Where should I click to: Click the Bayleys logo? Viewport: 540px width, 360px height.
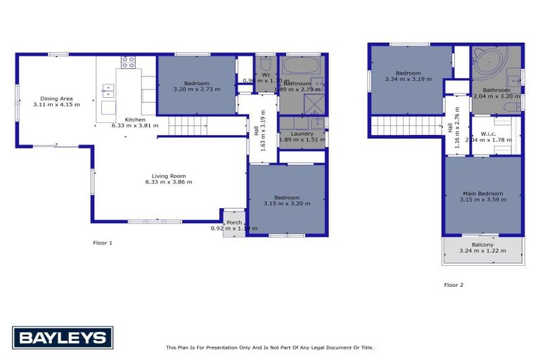point(62,337)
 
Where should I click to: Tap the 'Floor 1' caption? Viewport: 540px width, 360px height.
point(103,243)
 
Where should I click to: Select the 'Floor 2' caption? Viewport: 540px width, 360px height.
point(454,285)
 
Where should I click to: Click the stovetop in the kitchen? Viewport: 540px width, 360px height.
point(128,62)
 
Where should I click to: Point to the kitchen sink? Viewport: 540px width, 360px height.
point(108,90)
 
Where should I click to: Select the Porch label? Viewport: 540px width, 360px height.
point(234,222)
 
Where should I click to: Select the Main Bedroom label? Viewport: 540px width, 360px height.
point(482,193)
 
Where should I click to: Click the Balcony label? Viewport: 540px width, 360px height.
point(482,245)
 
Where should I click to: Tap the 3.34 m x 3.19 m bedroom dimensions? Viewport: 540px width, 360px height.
point(408,79)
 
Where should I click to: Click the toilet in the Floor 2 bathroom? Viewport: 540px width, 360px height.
point(512,108)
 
